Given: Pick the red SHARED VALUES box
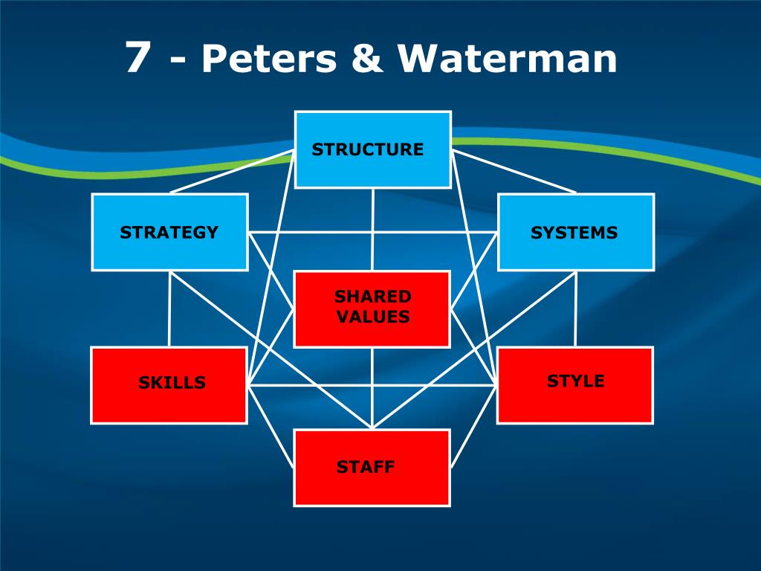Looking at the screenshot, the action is click(x=372, y=309).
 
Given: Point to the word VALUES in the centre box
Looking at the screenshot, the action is click(x=372, y=317).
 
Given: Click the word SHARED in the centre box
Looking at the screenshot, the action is click(x=372, y=297).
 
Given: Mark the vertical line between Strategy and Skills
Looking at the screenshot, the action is click(x=169, y=309).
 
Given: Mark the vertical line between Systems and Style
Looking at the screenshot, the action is click(x=575, y=309).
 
